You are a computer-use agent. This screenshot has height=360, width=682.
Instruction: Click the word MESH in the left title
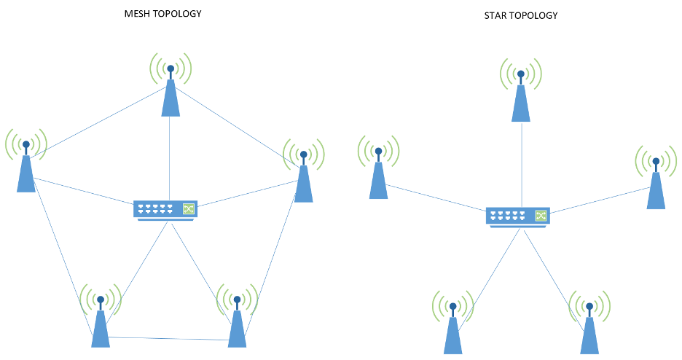pyautogui.click(x=138, y=13)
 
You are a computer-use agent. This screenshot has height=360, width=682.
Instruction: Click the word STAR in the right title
pyautogui.click(x=496, y=15)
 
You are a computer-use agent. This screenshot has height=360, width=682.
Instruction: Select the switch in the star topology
pyautogui.click(x=518, y=216)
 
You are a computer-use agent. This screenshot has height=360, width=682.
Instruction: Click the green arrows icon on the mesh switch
pyautogui.click(x=189, y=209)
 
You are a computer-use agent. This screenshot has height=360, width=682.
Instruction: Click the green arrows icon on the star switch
pyautogui.click(x=541, y=216)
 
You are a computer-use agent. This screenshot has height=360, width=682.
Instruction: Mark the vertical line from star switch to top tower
pyautogui.click(x=521, y=164)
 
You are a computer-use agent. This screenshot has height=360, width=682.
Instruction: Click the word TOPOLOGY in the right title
pyautogui.click(x=534, y=15)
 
